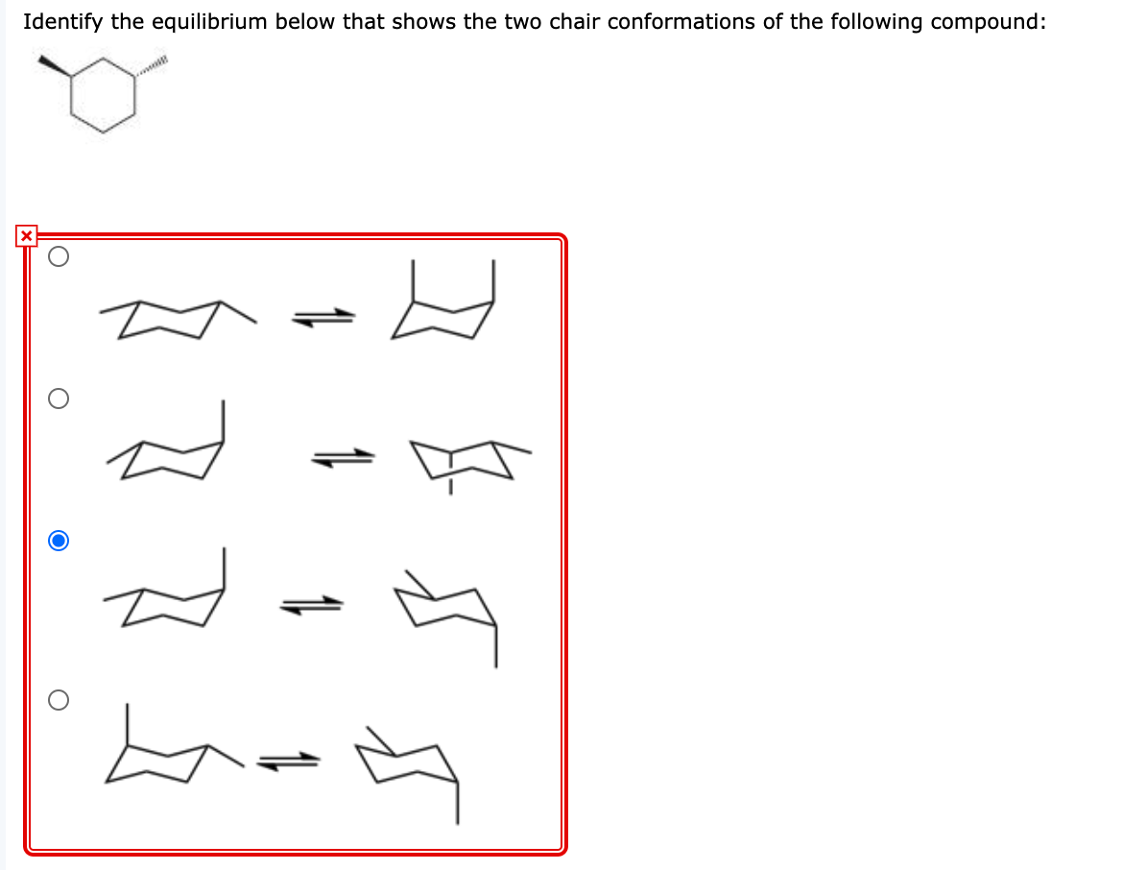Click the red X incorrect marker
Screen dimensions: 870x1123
[26, 235]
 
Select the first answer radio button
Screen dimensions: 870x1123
[59, 256]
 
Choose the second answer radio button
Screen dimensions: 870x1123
[59, 399]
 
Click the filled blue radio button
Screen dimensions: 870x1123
[59, 542]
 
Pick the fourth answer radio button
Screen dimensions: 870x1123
[59, 701]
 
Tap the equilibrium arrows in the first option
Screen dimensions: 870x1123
[323, 317]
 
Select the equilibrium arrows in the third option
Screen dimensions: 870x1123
[312, 605]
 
